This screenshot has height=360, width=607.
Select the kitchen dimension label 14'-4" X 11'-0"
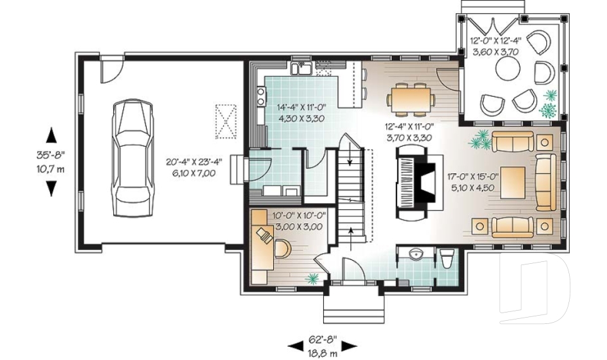300,113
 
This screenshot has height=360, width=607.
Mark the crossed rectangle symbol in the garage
225,121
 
